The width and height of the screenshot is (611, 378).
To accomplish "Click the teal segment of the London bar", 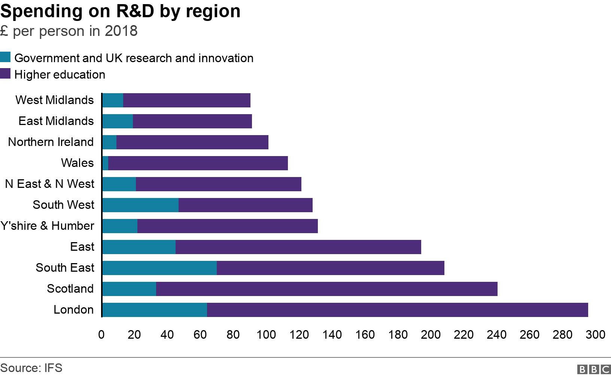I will pyautogui.click(x=154, y=310).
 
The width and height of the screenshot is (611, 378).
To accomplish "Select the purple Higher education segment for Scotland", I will pyautogui.click(x=326, y=289).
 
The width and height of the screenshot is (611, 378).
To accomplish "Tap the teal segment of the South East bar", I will pyautogui.click(x=159, y=268).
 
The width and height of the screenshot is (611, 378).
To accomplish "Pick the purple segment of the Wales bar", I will pyautogui.click(x=198, y=163).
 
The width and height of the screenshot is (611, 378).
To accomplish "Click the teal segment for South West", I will pyautogui.click(x=140, y=205).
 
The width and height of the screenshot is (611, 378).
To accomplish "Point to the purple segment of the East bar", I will pyautogui.click(x=298, y=247).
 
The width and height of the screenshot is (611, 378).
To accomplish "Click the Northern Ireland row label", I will pyautogui.click(x=51, y=142).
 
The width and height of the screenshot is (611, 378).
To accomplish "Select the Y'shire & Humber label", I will pyautogui.click(x=47, y=226).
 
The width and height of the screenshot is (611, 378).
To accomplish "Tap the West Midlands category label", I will pyautogui.click(x=55, y=100).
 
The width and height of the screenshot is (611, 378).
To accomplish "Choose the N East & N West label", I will pyautogui.click(x=49, y=184).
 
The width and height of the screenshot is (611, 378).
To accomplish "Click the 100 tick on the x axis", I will pyautogui.click(x=266, y=334).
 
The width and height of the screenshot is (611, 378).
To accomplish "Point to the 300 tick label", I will pyautogui.click(x=595, y=334).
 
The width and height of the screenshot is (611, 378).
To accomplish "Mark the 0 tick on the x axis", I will pyautogui.click(x=101, y=334).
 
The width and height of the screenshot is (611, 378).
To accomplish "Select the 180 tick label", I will pyautogui.click(x=398, y=334).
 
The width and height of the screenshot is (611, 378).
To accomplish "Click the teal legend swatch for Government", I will pyautogui.click(x=6, y=57).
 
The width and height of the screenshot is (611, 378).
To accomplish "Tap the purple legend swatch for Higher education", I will pyautogui.click(x=6, y=74).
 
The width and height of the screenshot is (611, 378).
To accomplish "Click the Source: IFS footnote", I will pyautogui.click(x=31, y=368).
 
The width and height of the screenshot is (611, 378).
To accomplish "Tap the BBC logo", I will pyautogui.click(x=594, y=369).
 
